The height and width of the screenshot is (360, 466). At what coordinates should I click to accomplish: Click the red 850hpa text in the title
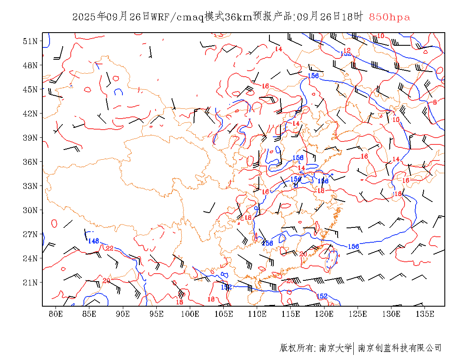[x=389, y=17]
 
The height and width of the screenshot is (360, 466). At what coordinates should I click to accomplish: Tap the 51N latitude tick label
[x=30, y=41]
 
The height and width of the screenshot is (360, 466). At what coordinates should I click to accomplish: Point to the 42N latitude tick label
[x=30, y=114]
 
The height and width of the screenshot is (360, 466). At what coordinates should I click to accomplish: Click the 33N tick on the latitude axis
[x=30, y=186]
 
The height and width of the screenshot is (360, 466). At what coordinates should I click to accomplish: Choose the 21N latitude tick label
[x=30, y=282]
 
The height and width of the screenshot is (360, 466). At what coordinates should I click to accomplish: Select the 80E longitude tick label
[x=56, y=314]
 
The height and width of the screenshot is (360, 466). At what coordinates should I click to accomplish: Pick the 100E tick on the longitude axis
[x=190, y=314]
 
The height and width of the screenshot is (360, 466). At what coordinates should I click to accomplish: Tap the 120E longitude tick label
[x=325, y=314]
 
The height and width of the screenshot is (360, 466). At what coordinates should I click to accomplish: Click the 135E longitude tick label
[x=425, y=314]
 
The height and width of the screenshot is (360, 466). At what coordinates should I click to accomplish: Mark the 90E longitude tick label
[x=123, y=314]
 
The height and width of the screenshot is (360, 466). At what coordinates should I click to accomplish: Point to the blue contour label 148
[x=93, y=241]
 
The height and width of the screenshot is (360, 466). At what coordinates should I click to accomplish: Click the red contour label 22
[x=110, y=248]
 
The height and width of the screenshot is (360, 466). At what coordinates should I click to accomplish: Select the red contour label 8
[x=435, y=102]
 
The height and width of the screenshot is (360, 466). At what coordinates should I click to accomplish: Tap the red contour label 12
[x=347, y=50]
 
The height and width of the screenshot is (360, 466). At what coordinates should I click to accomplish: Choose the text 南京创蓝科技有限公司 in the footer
[x=399, y=348]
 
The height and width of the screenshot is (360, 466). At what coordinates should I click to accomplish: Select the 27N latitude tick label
[x=30, y=234]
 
